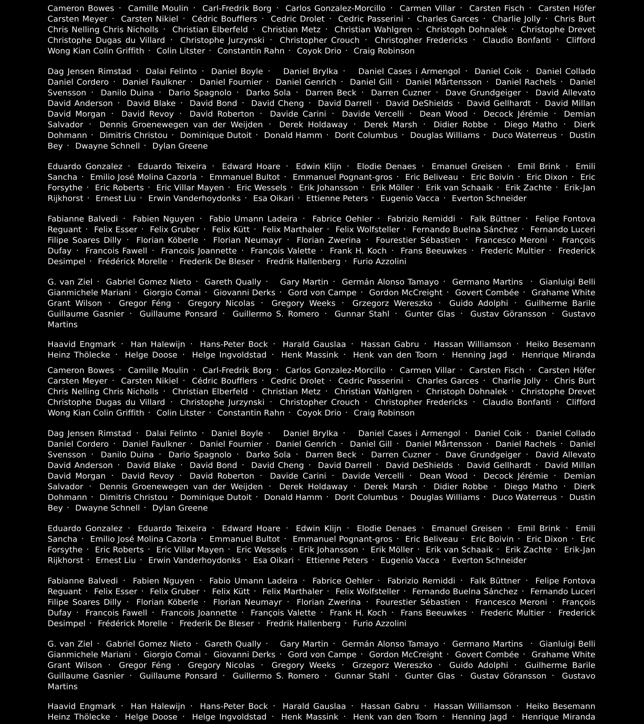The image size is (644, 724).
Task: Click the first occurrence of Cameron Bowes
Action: click(x=81, y=8)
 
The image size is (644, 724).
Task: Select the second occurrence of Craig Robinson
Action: click(x=384, y=413)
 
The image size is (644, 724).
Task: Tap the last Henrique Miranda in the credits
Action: click(x=558, y=717)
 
